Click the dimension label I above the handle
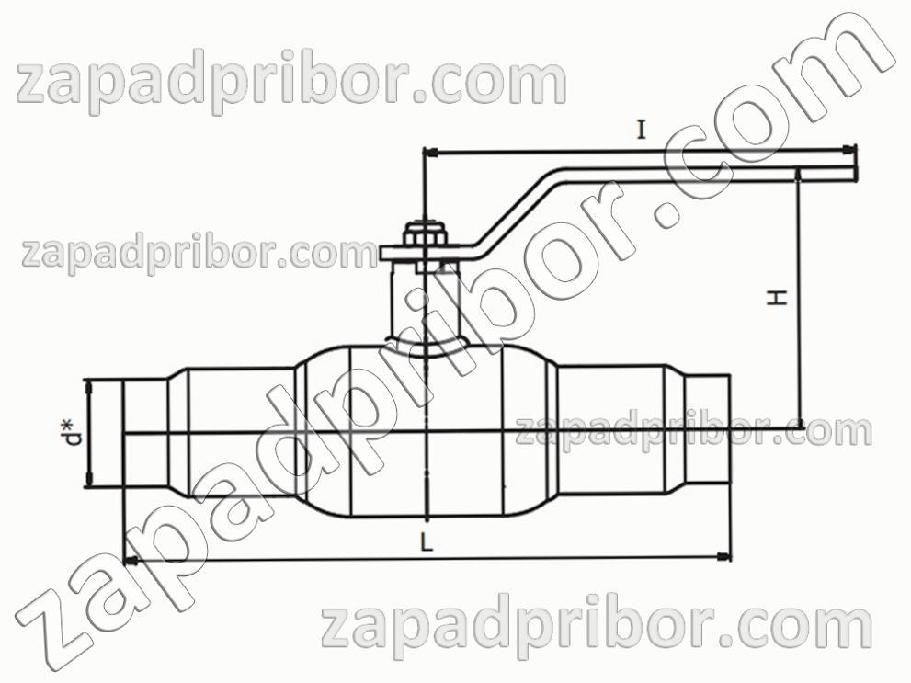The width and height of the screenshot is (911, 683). click(641, 130)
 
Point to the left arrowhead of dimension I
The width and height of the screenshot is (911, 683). click(431, 153)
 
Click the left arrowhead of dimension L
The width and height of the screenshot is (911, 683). click(131, 562)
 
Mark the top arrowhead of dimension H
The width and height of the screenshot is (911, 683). click(799, 176)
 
